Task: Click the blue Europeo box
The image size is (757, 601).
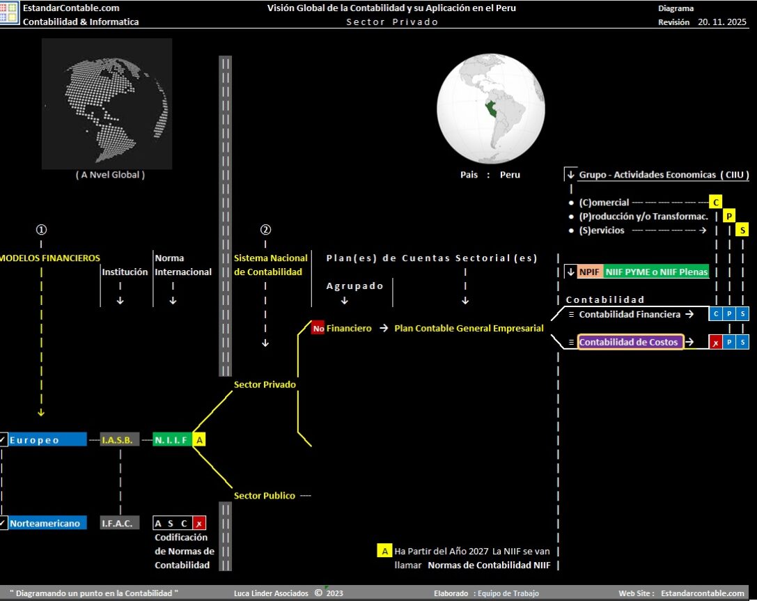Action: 47,439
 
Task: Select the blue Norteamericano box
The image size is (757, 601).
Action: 47,523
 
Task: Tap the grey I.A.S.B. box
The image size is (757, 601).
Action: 119,439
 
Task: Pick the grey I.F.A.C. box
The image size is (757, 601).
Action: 119,523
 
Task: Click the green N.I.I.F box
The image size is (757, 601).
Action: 172,439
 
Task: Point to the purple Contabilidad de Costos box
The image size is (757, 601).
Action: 630,342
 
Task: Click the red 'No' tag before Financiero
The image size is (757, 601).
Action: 318,328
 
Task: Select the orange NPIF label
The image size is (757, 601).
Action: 589,272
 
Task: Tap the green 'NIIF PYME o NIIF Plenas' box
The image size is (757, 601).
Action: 656,272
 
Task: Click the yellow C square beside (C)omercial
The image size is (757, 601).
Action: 715,202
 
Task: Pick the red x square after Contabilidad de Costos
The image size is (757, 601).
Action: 715,342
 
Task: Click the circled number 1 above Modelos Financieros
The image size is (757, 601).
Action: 41,230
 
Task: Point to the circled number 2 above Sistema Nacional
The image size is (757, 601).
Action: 265,230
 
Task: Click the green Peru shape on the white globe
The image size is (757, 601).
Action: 492,109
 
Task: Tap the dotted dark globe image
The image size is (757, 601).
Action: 107,104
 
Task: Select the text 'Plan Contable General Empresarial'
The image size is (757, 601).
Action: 469,328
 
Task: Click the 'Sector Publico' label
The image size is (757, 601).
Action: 265,496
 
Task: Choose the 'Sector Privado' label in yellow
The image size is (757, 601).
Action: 265,384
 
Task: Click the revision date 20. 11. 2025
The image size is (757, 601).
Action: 722,22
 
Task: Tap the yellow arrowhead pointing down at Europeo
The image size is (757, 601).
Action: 41,413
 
